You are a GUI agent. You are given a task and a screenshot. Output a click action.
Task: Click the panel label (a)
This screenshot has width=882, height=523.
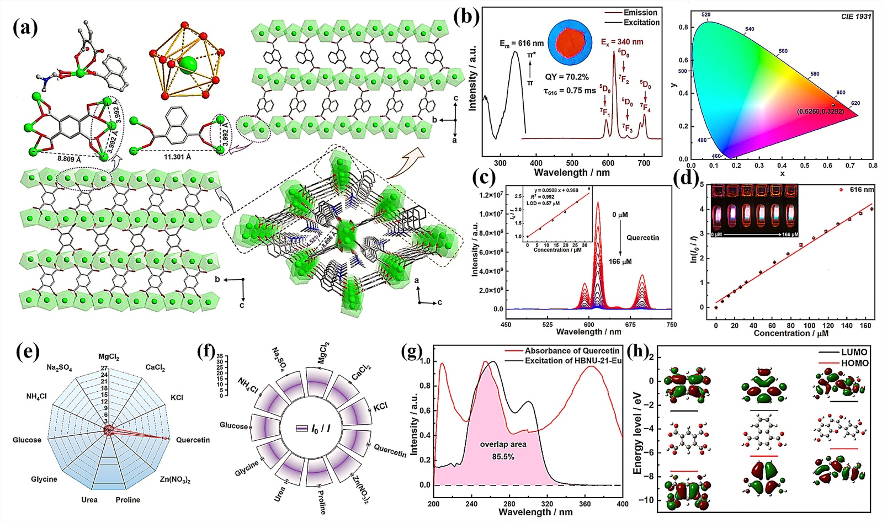click(25, 27)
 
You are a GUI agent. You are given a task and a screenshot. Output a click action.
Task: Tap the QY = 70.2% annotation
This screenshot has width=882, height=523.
click(566, 77)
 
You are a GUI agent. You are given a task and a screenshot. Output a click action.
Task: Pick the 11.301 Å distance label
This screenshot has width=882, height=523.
click(178, 157)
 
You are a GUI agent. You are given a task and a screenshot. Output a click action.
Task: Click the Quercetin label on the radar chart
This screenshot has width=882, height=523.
click(193, 440)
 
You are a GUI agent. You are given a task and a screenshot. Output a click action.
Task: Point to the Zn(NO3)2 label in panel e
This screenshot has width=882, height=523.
click(175, 479)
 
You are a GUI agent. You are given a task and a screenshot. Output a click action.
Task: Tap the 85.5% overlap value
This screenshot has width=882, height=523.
click(503, 456)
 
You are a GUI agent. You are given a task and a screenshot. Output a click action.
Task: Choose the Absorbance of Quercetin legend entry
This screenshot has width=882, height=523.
click(572, 351)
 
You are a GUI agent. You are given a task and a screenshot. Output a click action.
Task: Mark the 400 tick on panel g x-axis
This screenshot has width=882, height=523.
click(623, 504)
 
